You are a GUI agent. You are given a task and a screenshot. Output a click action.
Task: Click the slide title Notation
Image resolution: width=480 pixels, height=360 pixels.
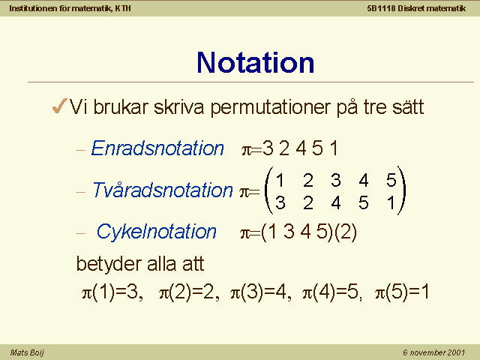[255, 62]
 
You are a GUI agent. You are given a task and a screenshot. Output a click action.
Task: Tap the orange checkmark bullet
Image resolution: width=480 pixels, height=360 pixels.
[60, 106]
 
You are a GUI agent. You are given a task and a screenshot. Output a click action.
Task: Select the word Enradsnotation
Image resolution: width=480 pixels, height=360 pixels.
[157, 148]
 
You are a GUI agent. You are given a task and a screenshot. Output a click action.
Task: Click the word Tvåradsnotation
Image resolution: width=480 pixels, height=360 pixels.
[163, 190]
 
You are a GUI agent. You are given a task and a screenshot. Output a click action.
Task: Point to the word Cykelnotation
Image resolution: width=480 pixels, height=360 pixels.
[157, 232]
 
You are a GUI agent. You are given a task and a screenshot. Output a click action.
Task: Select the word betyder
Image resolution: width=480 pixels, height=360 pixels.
[109, 264]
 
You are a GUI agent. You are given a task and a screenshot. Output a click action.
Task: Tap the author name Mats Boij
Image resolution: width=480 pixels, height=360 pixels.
[27, 352]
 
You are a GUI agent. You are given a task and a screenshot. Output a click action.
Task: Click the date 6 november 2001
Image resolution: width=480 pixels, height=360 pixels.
[433, 352]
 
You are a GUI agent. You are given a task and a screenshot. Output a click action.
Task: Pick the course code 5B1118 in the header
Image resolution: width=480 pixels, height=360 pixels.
[381, 8]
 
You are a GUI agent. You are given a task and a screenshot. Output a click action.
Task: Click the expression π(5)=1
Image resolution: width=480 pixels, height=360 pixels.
[402, 292]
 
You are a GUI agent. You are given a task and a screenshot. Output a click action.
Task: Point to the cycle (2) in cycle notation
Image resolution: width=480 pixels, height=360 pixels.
[346, 232]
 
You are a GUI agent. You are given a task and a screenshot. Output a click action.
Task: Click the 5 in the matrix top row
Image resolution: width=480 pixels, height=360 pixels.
[391, 180]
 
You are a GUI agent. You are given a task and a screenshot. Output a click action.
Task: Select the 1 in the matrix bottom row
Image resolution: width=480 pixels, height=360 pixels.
[391, 202]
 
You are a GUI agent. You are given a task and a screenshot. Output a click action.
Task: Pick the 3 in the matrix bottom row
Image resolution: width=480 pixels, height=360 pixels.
[280, 202]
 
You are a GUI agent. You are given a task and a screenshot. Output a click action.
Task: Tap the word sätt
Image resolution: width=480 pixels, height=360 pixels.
[408, 106]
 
